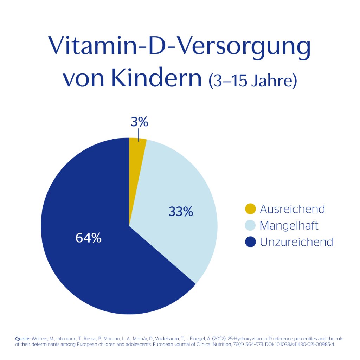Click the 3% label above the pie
tap(140, 122)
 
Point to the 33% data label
tap(181, 212)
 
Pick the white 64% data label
tap(89, 238)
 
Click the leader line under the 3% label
tap(139, 135)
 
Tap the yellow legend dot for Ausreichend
tap(250, 209)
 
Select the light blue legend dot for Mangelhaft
tap(250, 225)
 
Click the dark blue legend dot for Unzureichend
tap(250, 242)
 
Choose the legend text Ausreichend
tap(292, 209)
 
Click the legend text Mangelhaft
tap(289, 225)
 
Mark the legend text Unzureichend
tap(296, 242)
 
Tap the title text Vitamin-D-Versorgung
tap(180, 46)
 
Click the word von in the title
tap(83, 80)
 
